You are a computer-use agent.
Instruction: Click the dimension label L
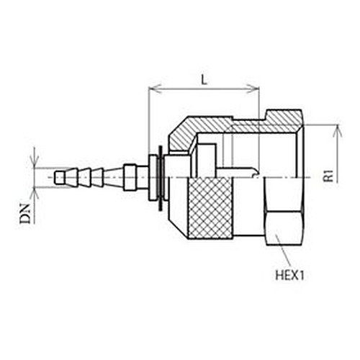pyautogui.click(x=204, y=79)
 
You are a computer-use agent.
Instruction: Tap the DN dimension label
pyautogui.click(x=25, y=214)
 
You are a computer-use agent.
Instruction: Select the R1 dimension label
pyautogui.click(x=328, y=176)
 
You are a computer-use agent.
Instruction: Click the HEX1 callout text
pyautogui.click(x=290, y=275)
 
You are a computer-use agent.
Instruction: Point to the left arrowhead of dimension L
pyautogui.click(x=155, y=89)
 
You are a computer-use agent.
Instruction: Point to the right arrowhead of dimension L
pyautogui.click(x=253, y=89)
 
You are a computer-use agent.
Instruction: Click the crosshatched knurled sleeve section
pyautogui.click(x=210, y=208)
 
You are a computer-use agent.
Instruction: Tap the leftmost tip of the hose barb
pyautogui.click(x=55, y=178)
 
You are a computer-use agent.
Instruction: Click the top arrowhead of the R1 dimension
pyautogui.click(x=338, y=131)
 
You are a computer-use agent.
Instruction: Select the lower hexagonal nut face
pyautogui.click(x=284, y=228)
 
